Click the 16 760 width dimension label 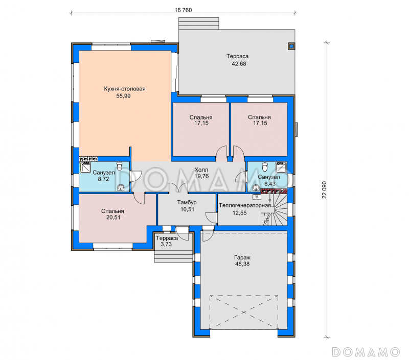(183, 10)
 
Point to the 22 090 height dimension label (324, 189)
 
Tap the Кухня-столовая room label (125, 89)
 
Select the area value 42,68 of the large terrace (239, 64)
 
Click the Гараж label (242, 258)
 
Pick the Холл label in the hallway (201, 170)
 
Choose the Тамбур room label (187, 202)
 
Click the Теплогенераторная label (245, 205)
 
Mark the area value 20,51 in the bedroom (113, 217)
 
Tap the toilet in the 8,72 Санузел (120, 165)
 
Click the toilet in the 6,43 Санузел (265, 166)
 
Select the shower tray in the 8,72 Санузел (85, 167)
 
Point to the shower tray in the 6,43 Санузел (282, 167)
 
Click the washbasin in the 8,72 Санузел (121, 187)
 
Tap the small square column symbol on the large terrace (291, 46)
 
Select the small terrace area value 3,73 (166, 245)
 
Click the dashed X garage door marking (244, 312)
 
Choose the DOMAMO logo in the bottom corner (366, 352)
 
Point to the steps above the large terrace (198, 23)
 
